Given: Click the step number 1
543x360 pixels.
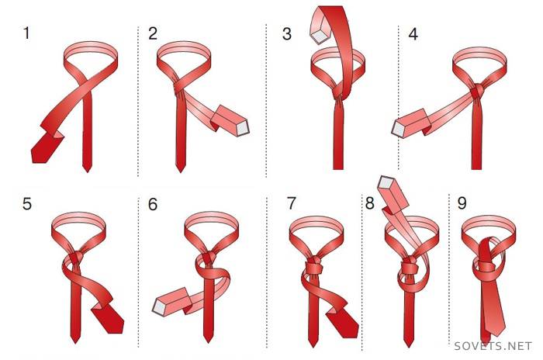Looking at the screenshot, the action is point(26,33).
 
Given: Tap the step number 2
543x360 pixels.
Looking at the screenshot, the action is point(153,33).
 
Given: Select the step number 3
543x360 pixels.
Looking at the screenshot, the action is point(287,34).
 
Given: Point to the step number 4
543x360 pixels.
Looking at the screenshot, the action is point(413,34).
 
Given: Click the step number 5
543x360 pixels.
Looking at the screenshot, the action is point(27,203).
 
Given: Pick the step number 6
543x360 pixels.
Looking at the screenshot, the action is point(153,204).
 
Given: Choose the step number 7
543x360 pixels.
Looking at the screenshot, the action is point(292,203).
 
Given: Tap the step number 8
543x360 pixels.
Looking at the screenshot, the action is point(370,203).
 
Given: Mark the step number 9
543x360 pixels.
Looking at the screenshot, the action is point(462,203).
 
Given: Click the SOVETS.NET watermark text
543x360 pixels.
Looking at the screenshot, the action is point(493,346).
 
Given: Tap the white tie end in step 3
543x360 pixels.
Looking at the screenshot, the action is point(319,36).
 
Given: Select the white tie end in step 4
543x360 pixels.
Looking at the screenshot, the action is point(398,129).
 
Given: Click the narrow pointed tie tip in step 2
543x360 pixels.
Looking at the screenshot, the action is point(180,168).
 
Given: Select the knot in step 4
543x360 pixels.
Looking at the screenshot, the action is point(477,91).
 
